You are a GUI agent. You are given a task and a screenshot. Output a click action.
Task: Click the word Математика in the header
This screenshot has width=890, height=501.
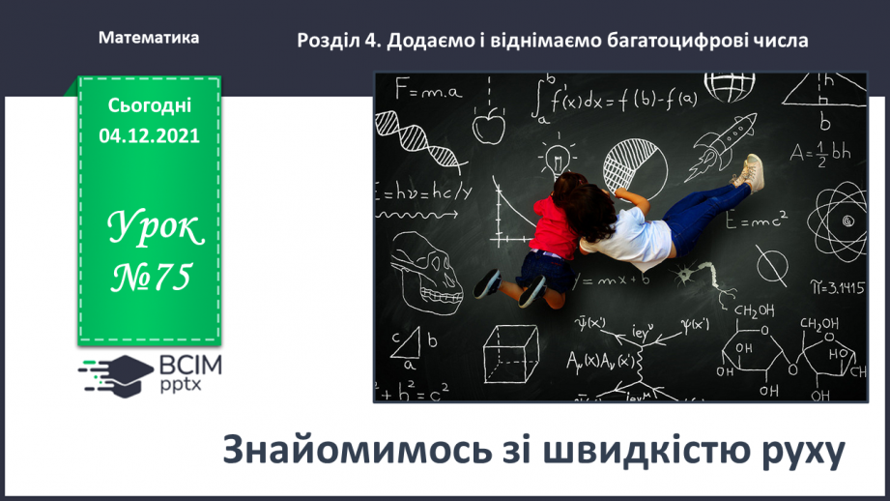[x=149, y=38]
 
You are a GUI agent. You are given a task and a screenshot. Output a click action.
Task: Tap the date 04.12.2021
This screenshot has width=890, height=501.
[x=149, y=136]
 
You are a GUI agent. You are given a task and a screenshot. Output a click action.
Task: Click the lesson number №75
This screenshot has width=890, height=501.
[x=149, y=279]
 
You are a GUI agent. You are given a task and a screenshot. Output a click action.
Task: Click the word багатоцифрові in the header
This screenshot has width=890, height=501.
[x=675, y=41]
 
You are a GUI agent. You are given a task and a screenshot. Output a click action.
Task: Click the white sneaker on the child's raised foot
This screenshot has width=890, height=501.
[x=748, y=171]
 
